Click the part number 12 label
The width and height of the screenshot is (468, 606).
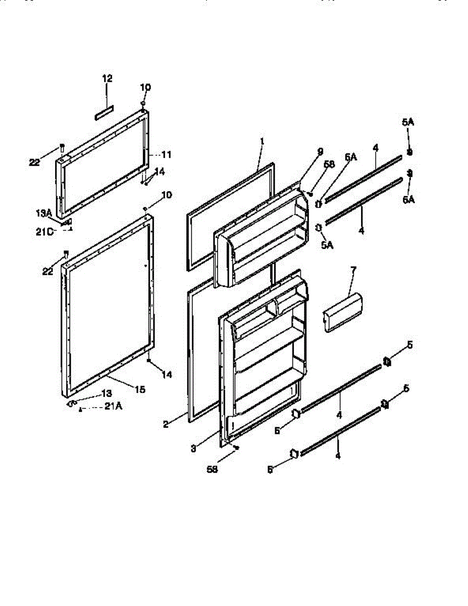(107, 79)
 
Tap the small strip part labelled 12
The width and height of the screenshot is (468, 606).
(104, 113)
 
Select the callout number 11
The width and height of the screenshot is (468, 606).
(166, 155)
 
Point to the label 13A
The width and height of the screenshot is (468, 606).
(44, 214)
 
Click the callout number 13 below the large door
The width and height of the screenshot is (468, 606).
(107, 393)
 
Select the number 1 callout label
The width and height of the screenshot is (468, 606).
(263, 143)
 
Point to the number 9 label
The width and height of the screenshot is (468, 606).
(321, 151)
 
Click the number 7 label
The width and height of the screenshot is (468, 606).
(352, 270)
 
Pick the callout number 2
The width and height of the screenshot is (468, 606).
(166, 425)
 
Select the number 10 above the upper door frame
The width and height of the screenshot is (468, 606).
(145, 87)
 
